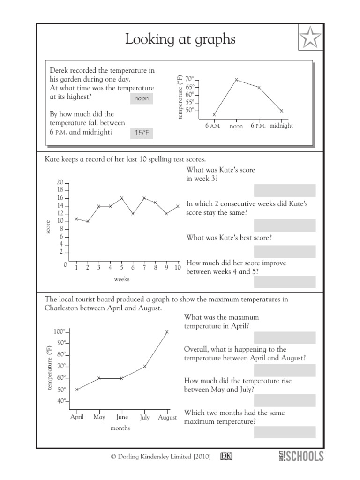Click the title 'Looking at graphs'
(180, 40)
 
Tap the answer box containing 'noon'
(142, 99)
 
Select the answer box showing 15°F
(142, 133)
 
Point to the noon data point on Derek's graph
(236, 80)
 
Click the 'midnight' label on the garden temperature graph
(281, 126)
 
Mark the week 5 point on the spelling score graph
(121, 198)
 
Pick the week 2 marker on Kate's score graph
(88, 221)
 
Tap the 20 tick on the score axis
(60, 182)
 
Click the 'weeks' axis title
(121, 279)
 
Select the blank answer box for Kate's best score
(285, 252)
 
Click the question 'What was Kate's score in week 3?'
(221, 174)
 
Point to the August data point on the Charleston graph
(167, 332)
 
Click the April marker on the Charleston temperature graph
(77, 390)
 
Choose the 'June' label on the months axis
(122, 417)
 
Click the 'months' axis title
(120, 428)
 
